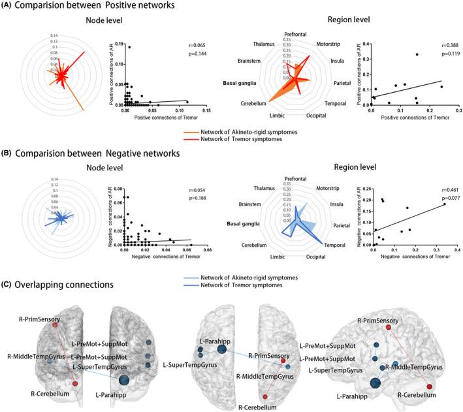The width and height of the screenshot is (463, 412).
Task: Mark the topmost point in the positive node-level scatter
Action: point(129,47)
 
